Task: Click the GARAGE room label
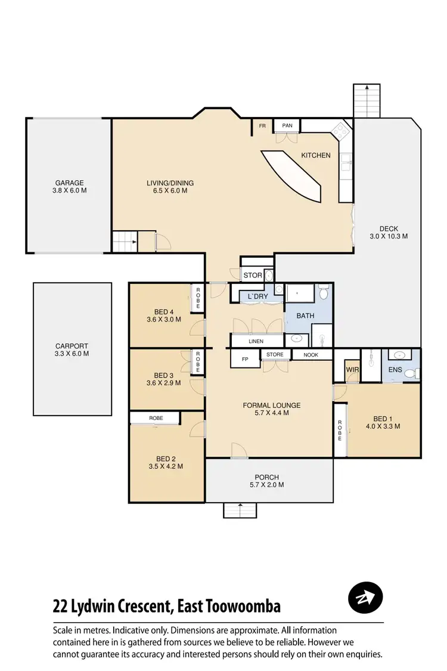point(70,183)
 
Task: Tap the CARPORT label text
point(72,346)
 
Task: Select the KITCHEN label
point(315,156)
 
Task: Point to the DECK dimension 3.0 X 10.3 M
point(388,236)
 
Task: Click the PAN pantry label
point(287,126)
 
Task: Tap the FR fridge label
point(262,126)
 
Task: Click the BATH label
point(305,316)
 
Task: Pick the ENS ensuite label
point(395,370)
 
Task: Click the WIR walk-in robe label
point(353,370)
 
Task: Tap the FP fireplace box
point(244,360)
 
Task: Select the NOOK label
point(311,355)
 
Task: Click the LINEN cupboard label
point(256,341)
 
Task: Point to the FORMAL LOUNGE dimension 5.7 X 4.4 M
point(271,413)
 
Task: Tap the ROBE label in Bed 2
point(156,418)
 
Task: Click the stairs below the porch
point(240,511)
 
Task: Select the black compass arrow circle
point(365,598)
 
